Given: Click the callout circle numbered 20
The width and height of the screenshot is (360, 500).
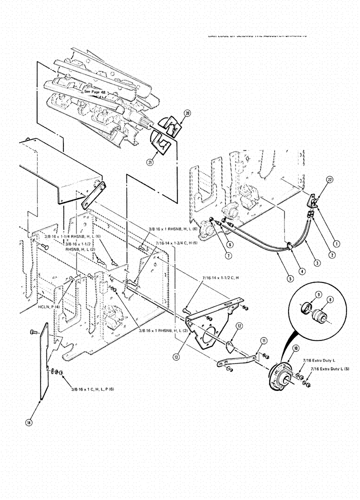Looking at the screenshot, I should [x=187, y=113].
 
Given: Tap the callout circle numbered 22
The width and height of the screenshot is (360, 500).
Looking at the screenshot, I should [x=329, y=179].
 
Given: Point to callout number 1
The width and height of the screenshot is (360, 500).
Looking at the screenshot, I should [x=337, y=244].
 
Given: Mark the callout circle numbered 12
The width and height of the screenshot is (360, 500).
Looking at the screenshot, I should [x=240, y=326].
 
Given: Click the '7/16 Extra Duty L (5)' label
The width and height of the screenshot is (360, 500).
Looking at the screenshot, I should [x=330, y=368].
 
